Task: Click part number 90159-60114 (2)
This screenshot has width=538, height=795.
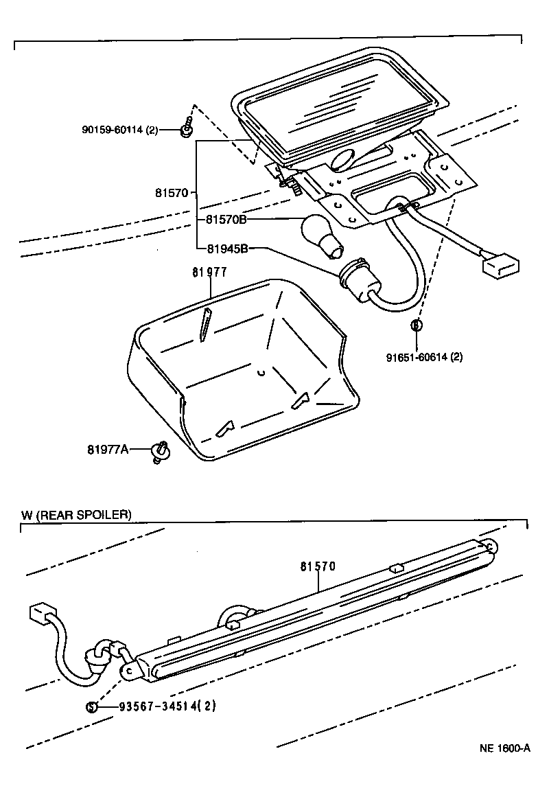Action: tap(119, 128)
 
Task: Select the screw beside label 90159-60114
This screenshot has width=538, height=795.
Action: tap(187, 128)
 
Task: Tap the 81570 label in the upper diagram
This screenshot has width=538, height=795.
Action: tap(172, 193)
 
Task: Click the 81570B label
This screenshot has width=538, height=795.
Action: tap(225, 220)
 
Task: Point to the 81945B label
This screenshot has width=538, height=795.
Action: tap(225, 249)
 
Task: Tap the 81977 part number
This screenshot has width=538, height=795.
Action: tap(209, 273)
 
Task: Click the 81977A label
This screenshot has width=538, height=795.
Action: tap(108, 450)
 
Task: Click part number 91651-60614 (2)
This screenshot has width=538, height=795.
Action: tap(424, 357)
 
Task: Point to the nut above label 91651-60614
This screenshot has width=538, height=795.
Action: tap(416, 324)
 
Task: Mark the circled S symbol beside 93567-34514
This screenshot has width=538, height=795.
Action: tap(91, 706)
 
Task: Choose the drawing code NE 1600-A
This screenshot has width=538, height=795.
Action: tap(504, 748)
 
